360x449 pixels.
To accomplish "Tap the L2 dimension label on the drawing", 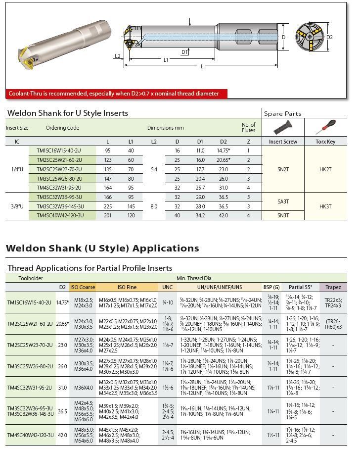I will click(117, 55).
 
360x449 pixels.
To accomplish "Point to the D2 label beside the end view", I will click(329, 37).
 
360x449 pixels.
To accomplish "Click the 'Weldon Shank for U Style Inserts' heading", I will click(68, 113).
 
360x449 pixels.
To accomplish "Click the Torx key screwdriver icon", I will click(325, 128).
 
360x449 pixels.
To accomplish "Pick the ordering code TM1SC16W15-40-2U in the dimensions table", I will click(59, 150).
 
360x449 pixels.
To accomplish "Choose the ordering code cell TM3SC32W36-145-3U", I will click(60, 206).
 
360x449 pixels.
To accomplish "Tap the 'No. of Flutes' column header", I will click(248, 128).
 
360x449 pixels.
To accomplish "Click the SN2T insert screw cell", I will click(283, 169).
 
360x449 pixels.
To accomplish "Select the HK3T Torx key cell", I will click(325, 206).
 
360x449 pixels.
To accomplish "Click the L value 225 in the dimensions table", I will click(108, 206).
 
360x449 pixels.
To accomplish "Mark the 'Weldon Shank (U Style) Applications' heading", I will click(102, 248).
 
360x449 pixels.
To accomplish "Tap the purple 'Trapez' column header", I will click(333, 287).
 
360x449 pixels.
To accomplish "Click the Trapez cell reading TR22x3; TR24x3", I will click(333, 302).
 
